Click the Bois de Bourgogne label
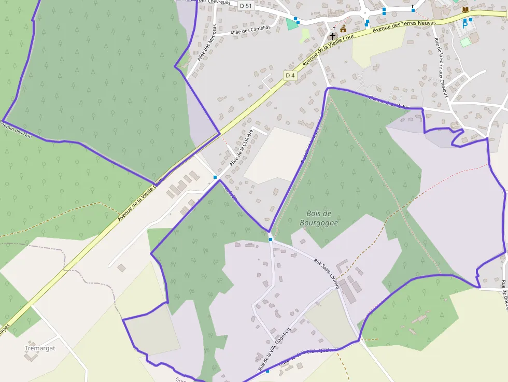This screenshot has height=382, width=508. click(x=319, y=218)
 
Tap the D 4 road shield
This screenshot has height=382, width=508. click(x=290, y=76)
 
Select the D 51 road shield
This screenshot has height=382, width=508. click(x=246, y=5)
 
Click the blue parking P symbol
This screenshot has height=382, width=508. click(x=465, y=24)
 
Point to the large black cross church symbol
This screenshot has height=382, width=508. click(x=333, y=36)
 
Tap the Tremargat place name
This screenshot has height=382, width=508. click(x=39, y=348)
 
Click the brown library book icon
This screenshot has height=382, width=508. click(x=465, y=10)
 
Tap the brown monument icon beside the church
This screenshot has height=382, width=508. click(x=343, y=28)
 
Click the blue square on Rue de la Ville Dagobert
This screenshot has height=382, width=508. click(x=267, y=371)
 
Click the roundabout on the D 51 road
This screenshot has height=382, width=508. click(x=365, y=13)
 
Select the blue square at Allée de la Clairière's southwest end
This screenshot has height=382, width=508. click(x=215, y=177)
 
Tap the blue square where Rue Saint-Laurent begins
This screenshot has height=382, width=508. click(x=271, y=239)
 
